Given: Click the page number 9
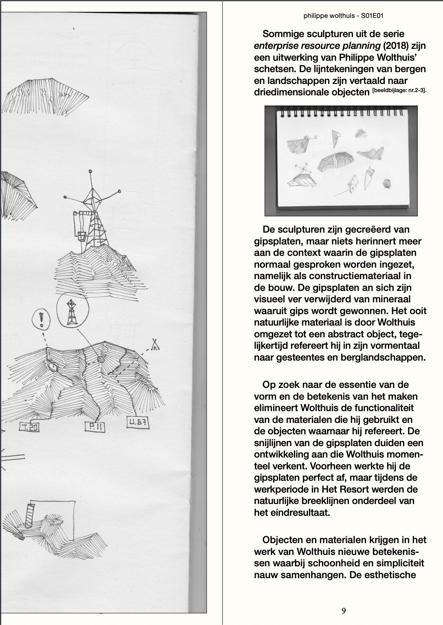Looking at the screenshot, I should coord(344,610).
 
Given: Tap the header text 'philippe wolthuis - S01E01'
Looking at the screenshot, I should coord(343,16).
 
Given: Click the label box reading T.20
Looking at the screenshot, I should coord(29,427).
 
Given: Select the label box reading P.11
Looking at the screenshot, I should coord(95,427).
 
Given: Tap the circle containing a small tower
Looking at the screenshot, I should coord(72,310).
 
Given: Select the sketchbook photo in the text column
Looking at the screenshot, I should coord(341,161).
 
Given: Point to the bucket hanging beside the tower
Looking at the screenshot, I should coord(81,235).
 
